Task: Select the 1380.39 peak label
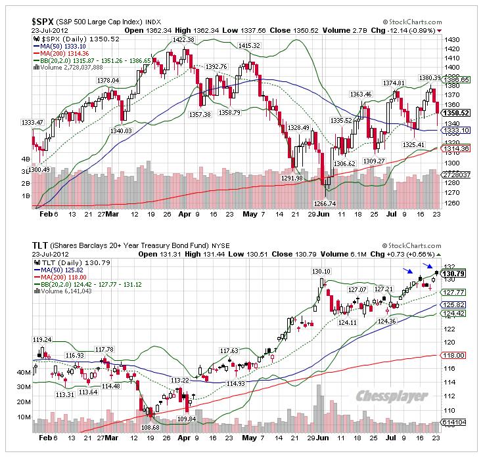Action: pos(430,78)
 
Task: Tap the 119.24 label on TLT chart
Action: pos(42,340)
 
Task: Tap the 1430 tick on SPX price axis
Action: pos(451,39)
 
